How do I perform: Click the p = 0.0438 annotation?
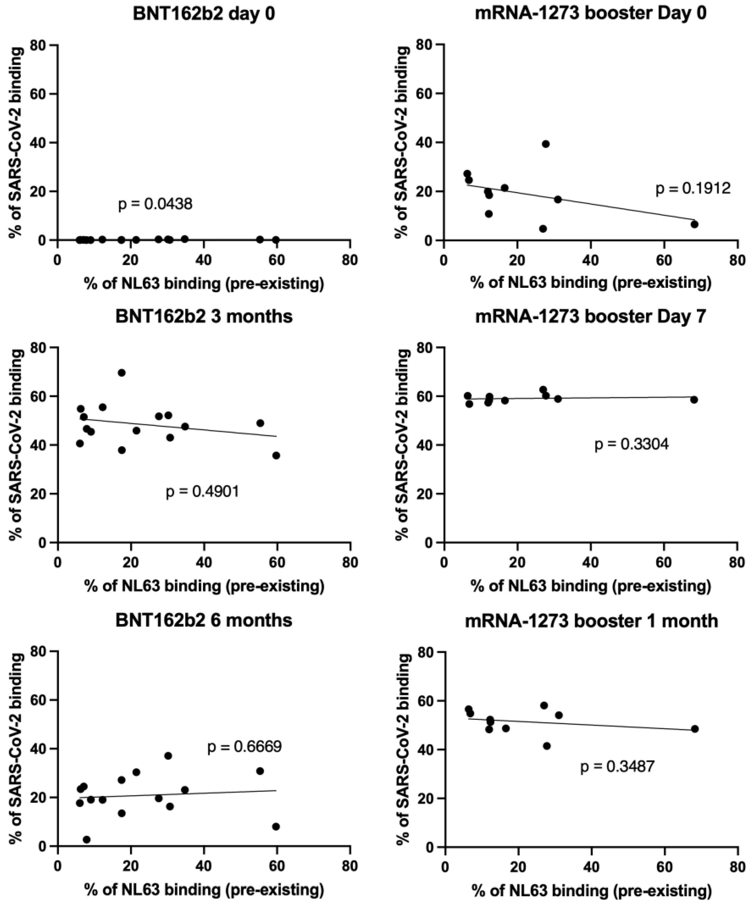point(155,204)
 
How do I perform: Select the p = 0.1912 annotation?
point(693,188)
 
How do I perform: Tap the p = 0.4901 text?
point(202,492)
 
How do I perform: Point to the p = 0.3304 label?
point(631,444)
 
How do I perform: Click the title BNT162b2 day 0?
point(204,14)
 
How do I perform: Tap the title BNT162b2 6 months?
point(204,620)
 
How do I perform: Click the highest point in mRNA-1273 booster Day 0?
point(546,144)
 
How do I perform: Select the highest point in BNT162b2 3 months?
point(122,373)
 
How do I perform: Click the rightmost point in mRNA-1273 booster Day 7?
point(694,400)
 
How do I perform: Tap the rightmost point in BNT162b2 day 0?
point(276,240)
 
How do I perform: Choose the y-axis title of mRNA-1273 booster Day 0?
point(402,142)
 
